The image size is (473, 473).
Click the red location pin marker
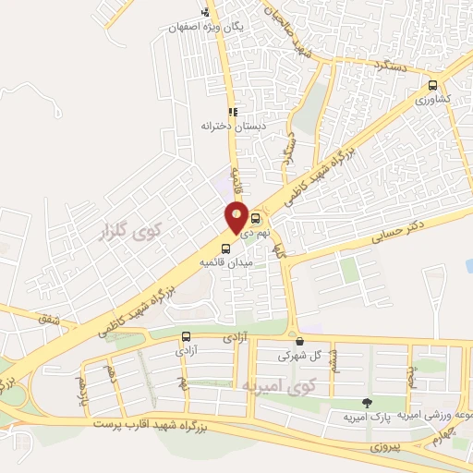pos(236,217)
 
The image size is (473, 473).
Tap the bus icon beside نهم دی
pos(256,220)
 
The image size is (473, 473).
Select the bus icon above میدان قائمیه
pos(226,247)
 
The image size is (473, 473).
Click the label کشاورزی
pos(431,98)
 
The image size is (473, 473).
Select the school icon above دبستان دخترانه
pos(234,111)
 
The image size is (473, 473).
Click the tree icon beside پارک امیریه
pos(368,403)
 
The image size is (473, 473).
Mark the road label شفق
pos(45,320)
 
